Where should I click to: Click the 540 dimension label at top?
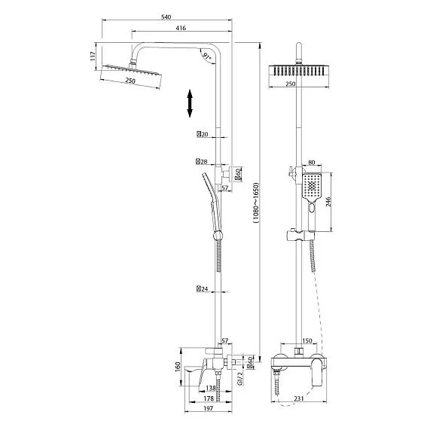point(166,17)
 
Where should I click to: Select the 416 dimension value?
point(181,28)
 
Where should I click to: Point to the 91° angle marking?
point(207,56)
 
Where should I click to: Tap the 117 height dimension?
point(93,56)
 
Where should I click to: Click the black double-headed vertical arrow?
point(190,104)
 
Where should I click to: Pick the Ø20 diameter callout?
point(203,134)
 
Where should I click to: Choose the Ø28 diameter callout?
point(202,162)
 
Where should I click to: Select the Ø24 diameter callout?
point(203,289)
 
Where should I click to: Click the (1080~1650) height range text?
point(256,203)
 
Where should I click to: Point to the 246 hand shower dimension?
point(328,202)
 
